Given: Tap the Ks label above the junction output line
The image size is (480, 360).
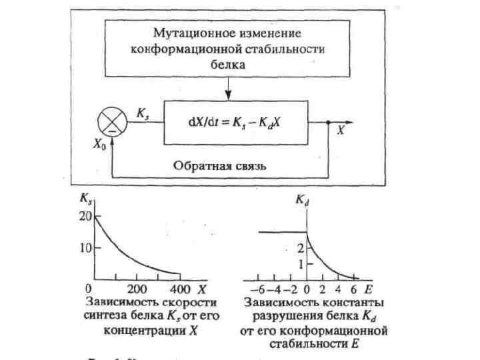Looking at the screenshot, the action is [142, 113].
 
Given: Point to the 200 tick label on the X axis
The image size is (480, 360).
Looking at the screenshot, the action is [136, 289].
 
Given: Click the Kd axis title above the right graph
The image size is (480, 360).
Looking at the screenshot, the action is [303, 199].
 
